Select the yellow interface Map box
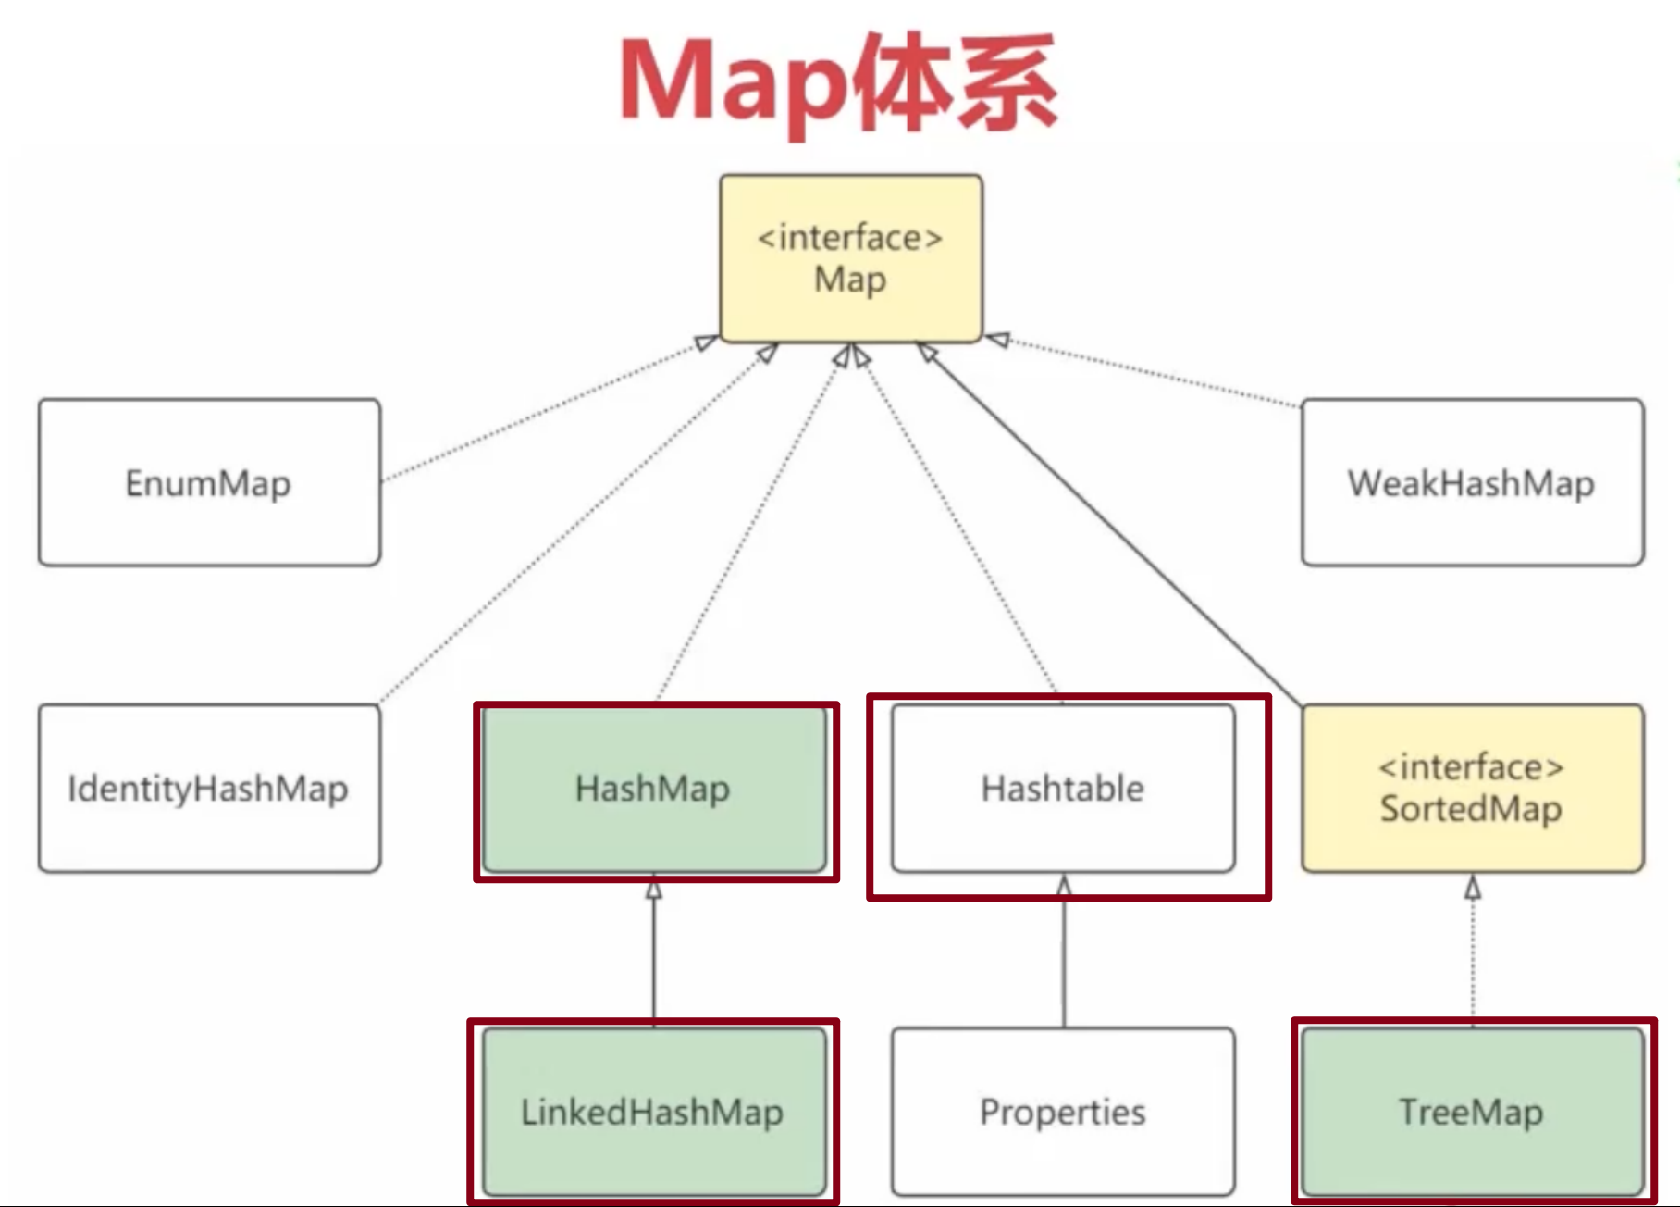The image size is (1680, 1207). tap(850, 258)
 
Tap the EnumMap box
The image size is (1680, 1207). tap(209, 482)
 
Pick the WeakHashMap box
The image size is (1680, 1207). tap(1472, 482)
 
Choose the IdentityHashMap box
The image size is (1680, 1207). tap(209, 789)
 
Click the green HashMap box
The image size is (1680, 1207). tap(654, 789)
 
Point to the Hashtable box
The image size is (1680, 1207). tap(1063, 789)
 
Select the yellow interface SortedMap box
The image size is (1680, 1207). tap(1472, 789)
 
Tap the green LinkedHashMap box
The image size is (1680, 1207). tap(654, 1112)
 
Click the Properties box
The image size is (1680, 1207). tap(1063, 1112)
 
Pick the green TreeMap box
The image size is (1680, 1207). tap(1472, 1112)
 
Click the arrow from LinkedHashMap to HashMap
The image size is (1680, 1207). tap(654, 953)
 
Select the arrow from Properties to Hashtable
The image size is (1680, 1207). tap(1064, 953)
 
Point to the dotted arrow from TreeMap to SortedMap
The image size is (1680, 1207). tap(1473, 953)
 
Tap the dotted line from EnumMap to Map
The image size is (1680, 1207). tap(546, 410)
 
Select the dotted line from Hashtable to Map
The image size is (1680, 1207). tap(957, 523)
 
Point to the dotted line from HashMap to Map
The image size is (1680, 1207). tap(749, 523)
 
